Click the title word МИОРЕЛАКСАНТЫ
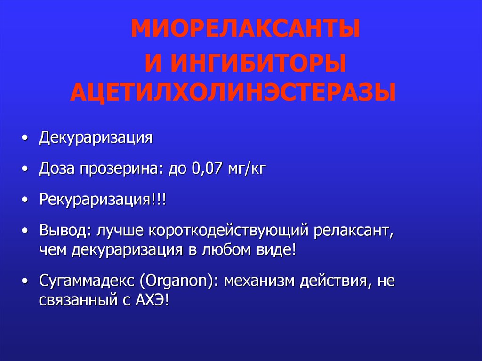pyautogui.click(x=245, y=29)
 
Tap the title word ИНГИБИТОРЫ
pyautogui.click(x=258, y=63)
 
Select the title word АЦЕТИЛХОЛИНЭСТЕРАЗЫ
pyautogui.click(x=233, y=92)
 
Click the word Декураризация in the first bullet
pyautogui.click(x=96, y=137)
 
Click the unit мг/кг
pyautogui.click(x=247, y=169)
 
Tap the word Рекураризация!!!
pyautogui.click(x=103, y=200)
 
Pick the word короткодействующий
pyautogui.click(x=228, y=231)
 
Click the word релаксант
pyautogui.click(x=353, y=231)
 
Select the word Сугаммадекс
pyautogui.click(x=87, y=281)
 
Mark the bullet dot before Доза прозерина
pyautogui.click(x=25, y=169)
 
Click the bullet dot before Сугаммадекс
pyautogui.click(x=25, y=281)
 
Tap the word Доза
pyautogui.click(x=56, y=168)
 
